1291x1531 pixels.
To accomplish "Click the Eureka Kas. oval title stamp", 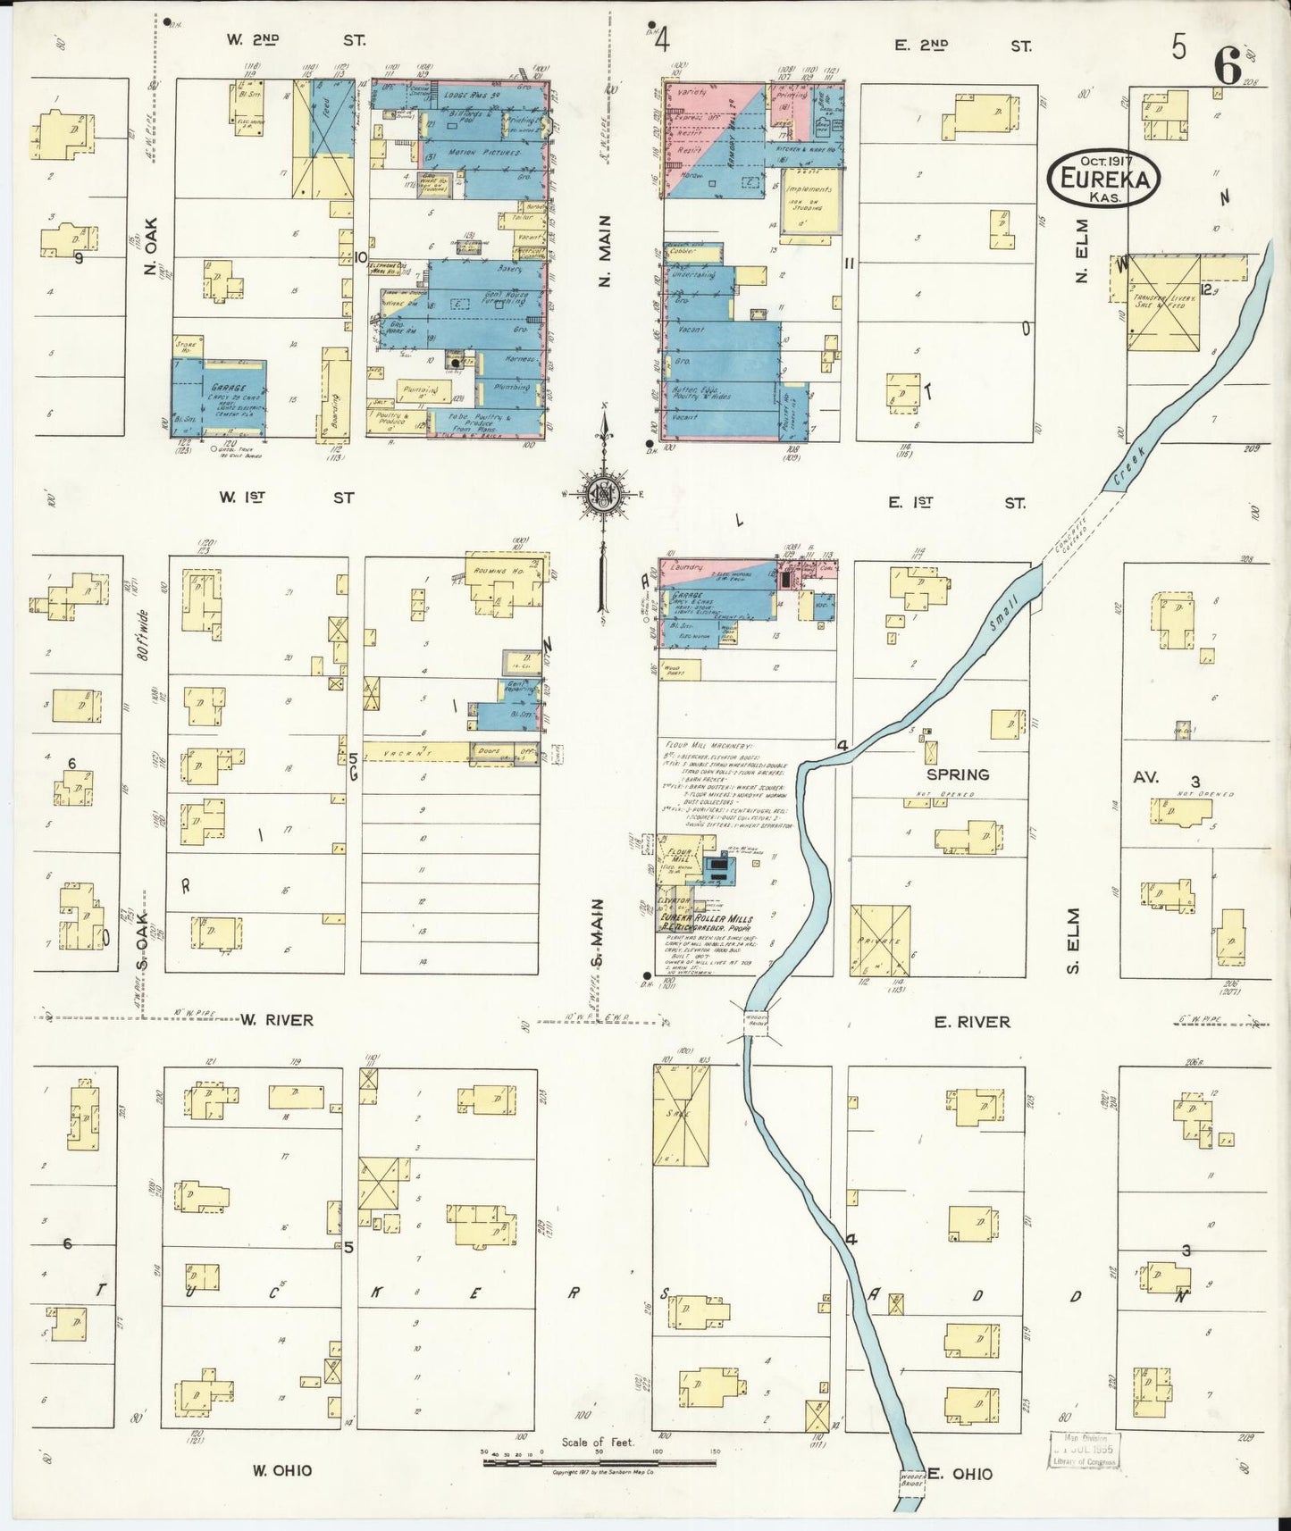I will coord(1103,178).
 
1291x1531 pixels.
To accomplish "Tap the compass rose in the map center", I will coord(603,494).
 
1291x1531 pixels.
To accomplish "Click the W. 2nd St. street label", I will coord(295,40).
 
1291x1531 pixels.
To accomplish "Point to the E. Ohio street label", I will coord(960,1473).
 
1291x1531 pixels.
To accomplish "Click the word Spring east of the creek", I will coord(958,774).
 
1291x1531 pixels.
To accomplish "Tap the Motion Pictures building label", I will coord(485,153).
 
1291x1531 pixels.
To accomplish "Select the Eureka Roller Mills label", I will coord(706,918).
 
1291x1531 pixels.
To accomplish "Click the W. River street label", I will coord(276,1019).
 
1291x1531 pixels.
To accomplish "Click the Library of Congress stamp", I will coord(1084,1449).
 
